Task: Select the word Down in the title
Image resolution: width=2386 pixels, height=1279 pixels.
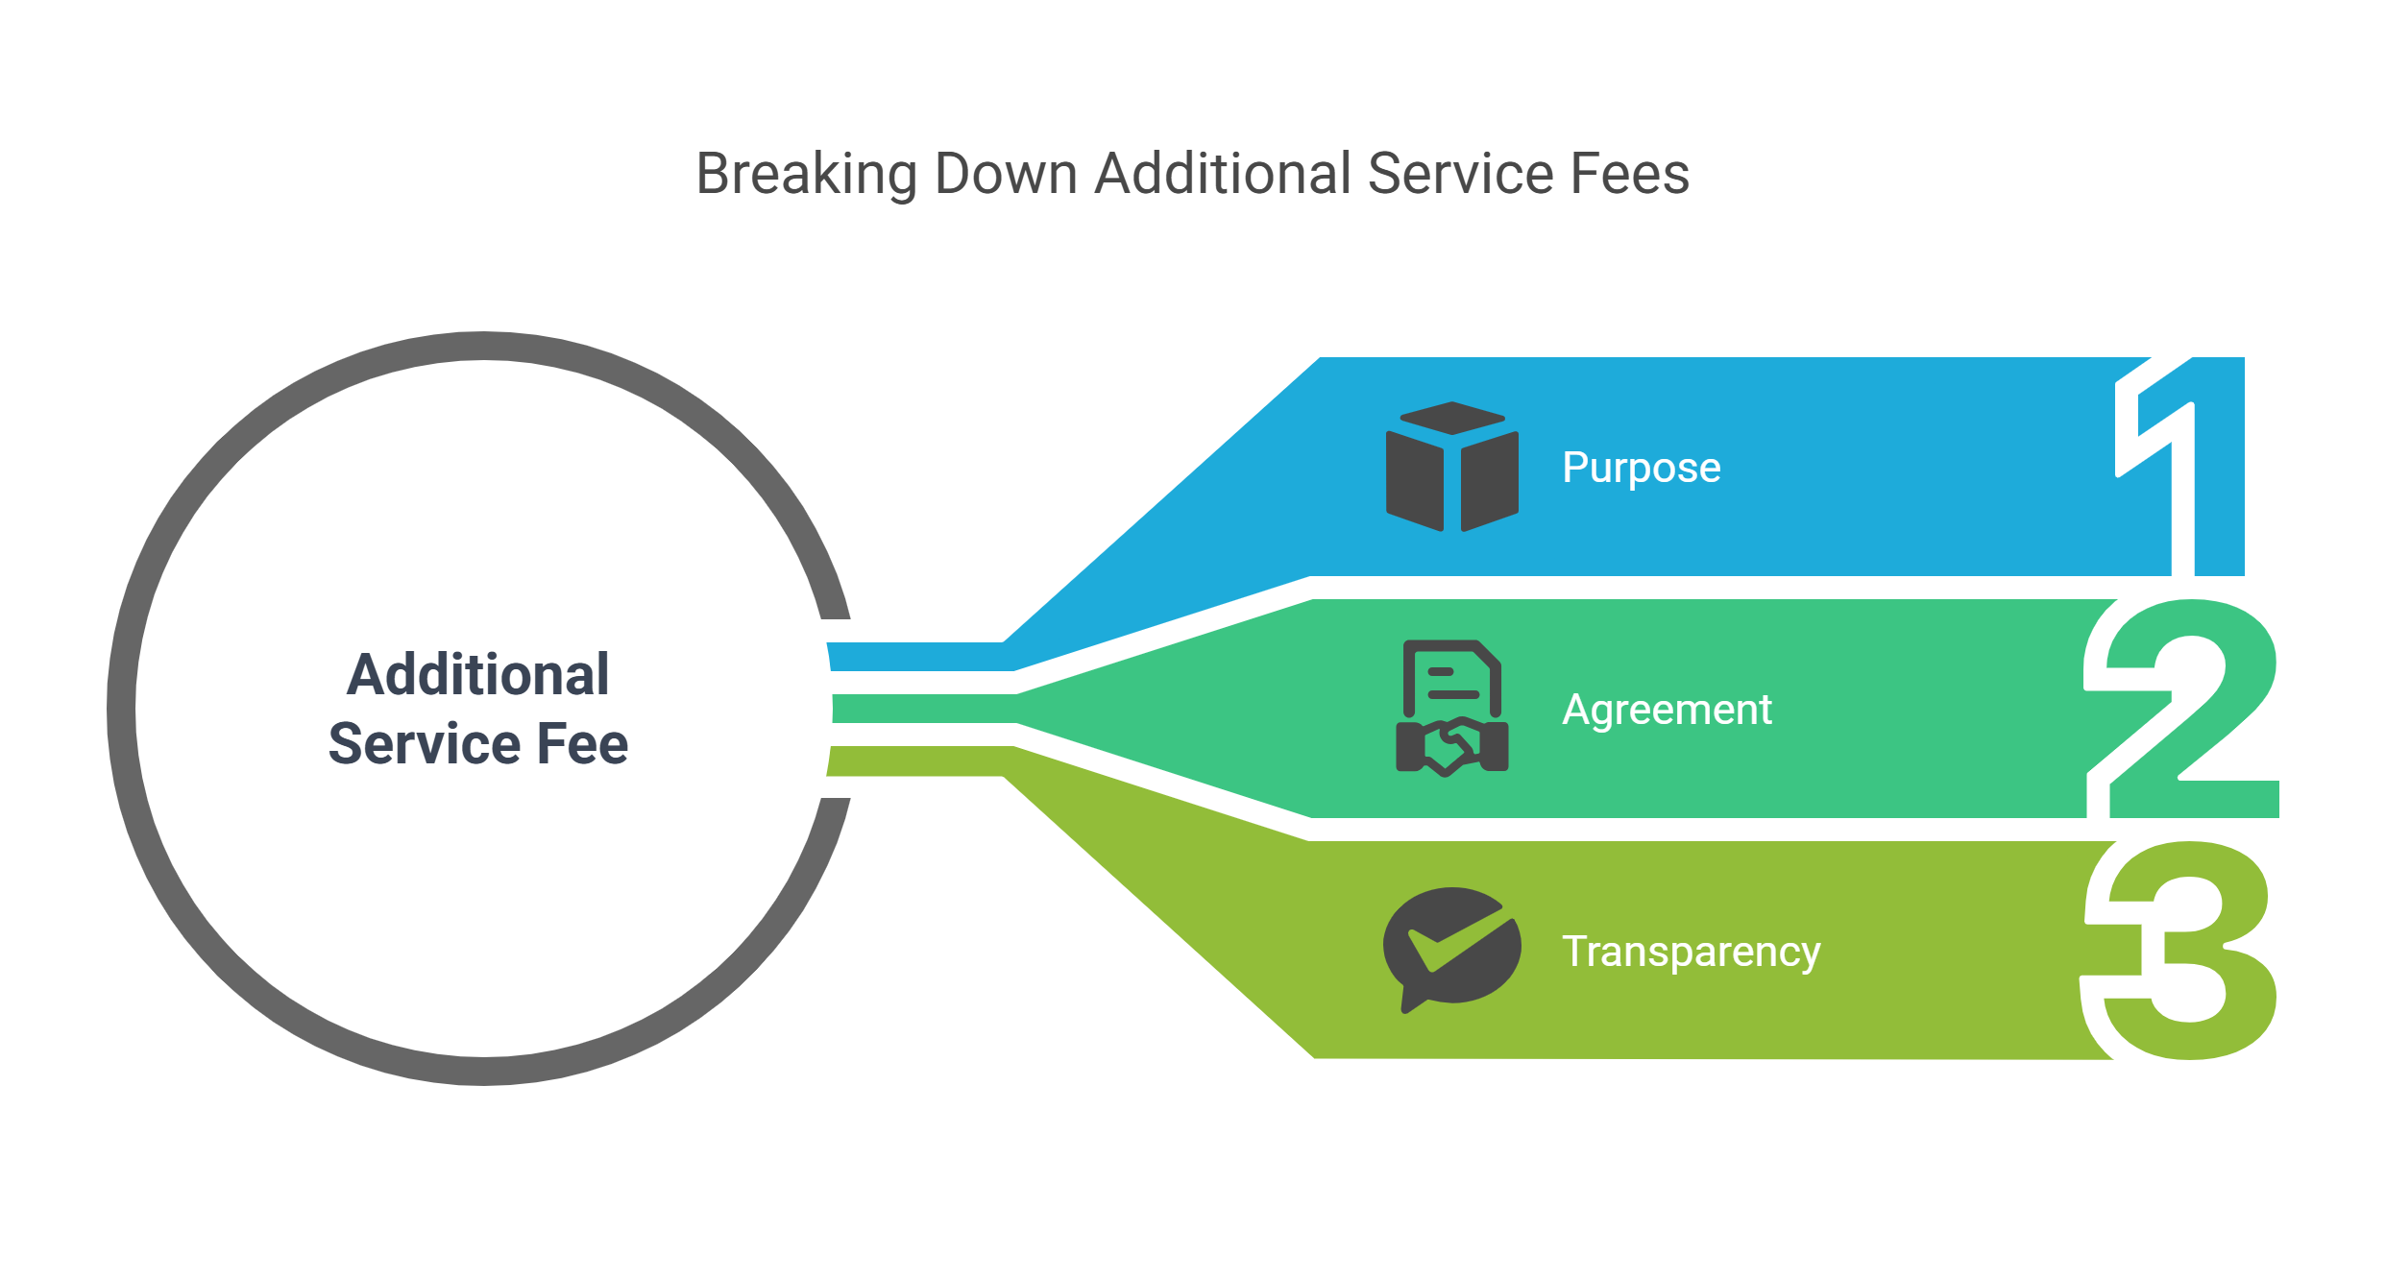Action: pyautogui.click(x=1006, y=174)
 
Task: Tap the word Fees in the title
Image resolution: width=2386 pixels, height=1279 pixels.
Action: pyautogui.click(x=1630, y=174)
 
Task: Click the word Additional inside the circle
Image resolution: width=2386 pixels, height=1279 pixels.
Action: pyautogui.click(x=477, y=674)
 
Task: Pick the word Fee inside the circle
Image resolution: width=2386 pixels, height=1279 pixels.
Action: pyautogui.click(x=582, y=743)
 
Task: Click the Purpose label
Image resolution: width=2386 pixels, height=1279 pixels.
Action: pyautogui.click(x=1642, y=469)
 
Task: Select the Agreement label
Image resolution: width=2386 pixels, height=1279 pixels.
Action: pyautogui.click(x=1667, y=711)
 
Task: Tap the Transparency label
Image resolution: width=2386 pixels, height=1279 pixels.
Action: pyautogui.click(x=1691, y=953)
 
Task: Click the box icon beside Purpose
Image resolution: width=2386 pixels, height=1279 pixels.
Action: pyautogui.click(x=1452, y=467)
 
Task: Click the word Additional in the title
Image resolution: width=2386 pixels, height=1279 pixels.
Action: pyautogui.click(x=1223, y=174)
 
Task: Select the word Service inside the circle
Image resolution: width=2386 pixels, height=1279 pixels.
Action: pyautogui.click(x=424, y=743)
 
